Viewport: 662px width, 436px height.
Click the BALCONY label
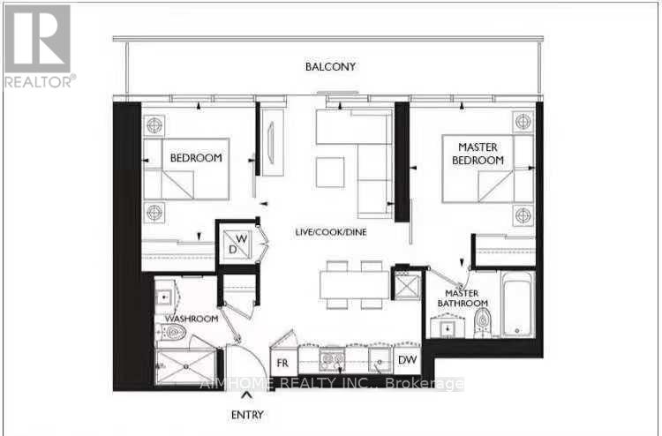point(331,67)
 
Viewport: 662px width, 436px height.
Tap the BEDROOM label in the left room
point(195,158)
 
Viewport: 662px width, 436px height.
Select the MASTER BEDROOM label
point(478,153)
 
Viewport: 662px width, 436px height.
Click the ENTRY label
point(248,414)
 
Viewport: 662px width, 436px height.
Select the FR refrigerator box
point(283,362)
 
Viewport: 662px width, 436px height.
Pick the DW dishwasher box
point(406,360)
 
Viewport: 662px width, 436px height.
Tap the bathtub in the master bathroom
point(517,305)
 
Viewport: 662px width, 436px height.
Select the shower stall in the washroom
point(185,365)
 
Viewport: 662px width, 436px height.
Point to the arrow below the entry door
point(246,395)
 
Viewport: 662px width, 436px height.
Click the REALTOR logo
point(37,44)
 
